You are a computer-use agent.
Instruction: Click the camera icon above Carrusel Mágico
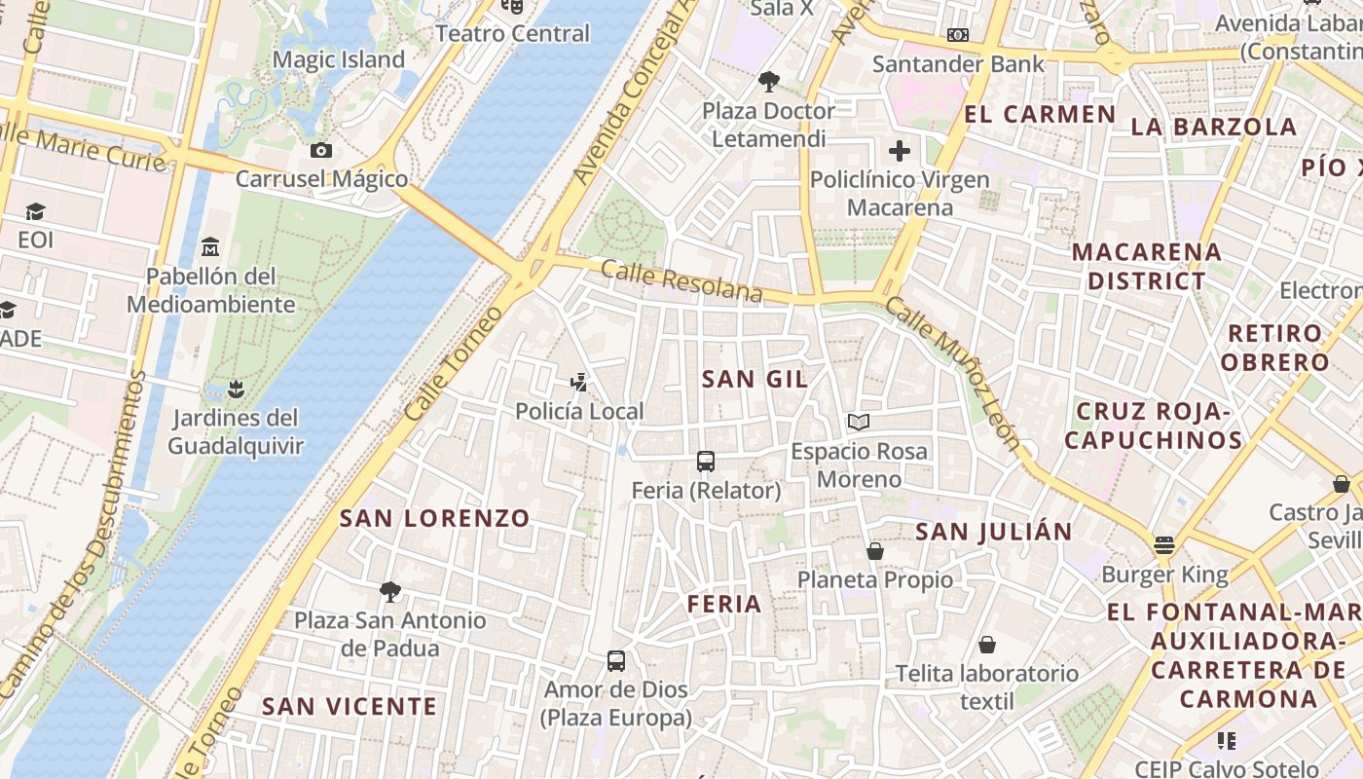(320, 150)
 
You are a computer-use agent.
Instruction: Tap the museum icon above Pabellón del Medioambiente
(210, 247)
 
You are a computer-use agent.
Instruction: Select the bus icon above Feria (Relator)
(706, 462)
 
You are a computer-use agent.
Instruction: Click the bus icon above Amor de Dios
(616, 661)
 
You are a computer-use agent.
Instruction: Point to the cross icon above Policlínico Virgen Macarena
(900, 151)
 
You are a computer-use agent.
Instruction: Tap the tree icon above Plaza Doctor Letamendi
(768, 82)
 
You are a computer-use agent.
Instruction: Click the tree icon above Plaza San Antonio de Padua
(390, 591)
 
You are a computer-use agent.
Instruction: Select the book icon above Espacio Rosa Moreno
(858, 423)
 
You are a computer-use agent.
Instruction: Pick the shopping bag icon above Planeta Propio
(874, 551)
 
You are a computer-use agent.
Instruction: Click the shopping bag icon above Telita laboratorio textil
(987, 645)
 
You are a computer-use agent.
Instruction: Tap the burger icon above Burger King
(1164, 545)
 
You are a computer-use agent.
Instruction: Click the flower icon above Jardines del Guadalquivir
(234, 389)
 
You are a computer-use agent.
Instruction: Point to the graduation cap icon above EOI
(35, 211)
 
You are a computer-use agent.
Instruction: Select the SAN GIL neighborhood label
(755, 380)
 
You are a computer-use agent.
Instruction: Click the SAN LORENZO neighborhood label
(434, 518)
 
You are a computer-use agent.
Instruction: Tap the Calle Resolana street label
(681, 280)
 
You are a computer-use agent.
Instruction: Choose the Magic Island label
(338, 59)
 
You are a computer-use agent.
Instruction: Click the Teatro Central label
(512, 33)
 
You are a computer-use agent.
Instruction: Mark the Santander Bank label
(958, 64)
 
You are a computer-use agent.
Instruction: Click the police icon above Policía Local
(579, 383)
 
